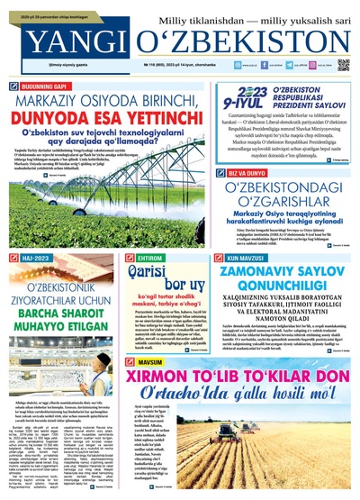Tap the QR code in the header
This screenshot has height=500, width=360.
[x=342, y=65]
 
